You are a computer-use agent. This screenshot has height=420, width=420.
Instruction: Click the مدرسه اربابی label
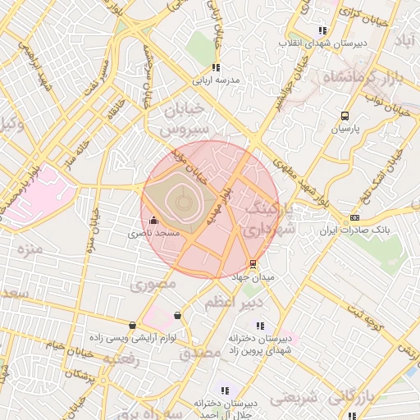point(216,80)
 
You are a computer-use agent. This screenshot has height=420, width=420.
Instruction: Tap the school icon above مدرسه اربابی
point(216,68)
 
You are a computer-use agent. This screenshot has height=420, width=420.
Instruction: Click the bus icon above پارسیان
point(345,116)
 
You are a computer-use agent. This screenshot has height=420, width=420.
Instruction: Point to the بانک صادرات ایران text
point(354,230)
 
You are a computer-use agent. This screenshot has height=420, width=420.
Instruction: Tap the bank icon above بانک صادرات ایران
point(354,217)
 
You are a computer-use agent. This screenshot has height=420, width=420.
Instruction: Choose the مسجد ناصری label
point(154,233)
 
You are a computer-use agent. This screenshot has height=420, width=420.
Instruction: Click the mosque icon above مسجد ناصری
point(154,220)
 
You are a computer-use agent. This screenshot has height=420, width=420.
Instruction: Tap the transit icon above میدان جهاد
point(252,264)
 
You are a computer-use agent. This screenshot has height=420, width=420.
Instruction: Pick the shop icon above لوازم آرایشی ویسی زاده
point(133,325)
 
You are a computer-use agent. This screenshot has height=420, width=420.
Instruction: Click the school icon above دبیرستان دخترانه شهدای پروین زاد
point(261,326)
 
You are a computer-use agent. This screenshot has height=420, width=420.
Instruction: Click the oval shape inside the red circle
point(180,199)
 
